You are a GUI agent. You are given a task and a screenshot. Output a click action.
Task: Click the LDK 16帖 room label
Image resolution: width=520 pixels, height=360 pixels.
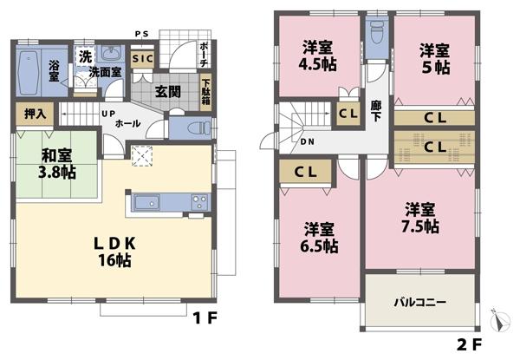(x=114, y=250)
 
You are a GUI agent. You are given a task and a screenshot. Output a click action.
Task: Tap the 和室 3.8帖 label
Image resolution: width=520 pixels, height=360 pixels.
(x=57, y=164)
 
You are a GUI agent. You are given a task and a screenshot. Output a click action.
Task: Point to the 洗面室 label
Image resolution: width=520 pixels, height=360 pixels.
(x=105, y=71)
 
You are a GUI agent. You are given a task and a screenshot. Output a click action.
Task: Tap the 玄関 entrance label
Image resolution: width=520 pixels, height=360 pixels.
(x=169, y=89)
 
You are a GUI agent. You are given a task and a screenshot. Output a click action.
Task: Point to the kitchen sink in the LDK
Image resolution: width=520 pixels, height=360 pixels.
(x=144, y=205)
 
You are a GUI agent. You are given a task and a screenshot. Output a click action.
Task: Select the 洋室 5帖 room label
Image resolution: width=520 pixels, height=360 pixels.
(x=433, y=57)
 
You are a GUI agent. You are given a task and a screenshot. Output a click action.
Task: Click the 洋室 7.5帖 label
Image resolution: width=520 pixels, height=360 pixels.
(x=422, y=218)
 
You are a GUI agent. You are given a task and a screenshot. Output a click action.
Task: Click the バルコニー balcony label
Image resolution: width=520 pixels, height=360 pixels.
(x=419, y=303)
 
